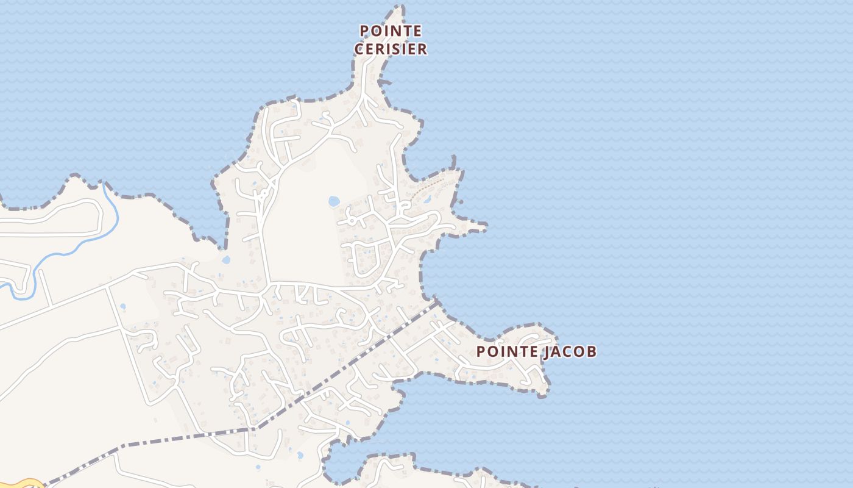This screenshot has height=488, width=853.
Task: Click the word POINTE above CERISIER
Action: pos(391,30)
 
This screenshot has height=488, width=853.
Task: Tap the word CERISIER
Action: pos(391,49)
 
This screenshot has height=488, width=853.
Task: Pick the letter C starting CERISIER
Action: pos(359,49)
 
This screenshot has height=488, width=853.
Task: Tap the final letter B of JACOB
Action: pos(592,351)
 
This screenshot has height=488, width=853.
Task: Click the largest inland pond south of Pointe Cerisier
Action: pos(334,201)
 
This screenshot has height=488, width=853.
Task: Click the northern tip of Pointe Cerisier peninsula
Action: pos(400,7)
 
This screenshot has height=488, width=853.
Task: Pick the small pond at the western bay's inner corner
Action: pos(226,260)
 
